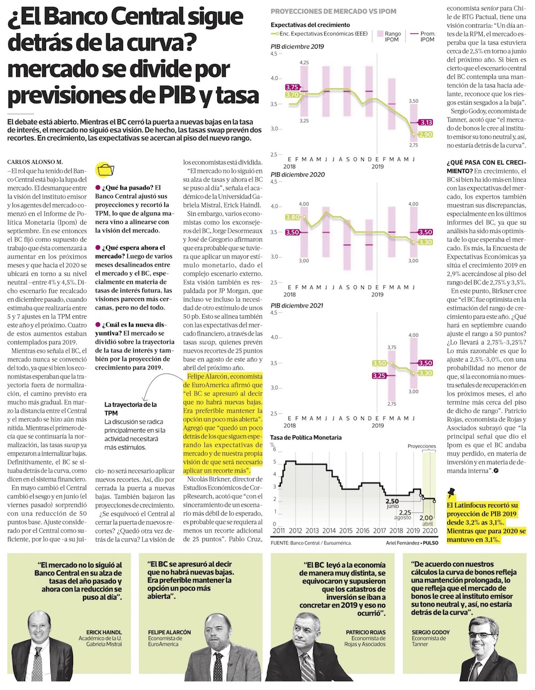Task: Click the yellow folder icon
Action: coord(105,170)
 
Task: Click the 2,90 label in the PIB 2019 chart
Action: coord(425,135)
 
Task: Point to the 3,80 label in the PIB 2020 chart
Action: coord(292,217)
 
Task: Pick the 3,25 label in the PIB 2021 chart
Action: coord(379,376)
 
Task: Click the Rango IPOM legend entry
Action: coord(389,36)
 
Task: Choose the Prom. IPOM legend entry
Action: coord(423,36)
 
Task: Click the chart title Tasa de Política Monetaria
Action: coord(305,437)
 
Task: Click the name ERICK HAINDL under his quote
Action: coord(104,632)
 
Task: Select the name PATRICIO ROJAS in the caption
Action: coord(366,632)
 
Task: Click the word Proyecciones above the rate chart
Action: coord(422,446)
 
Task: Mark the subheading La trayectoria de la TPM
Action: coord(131,409)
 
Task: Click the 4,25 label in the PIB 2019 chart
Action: coord(304,63)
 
